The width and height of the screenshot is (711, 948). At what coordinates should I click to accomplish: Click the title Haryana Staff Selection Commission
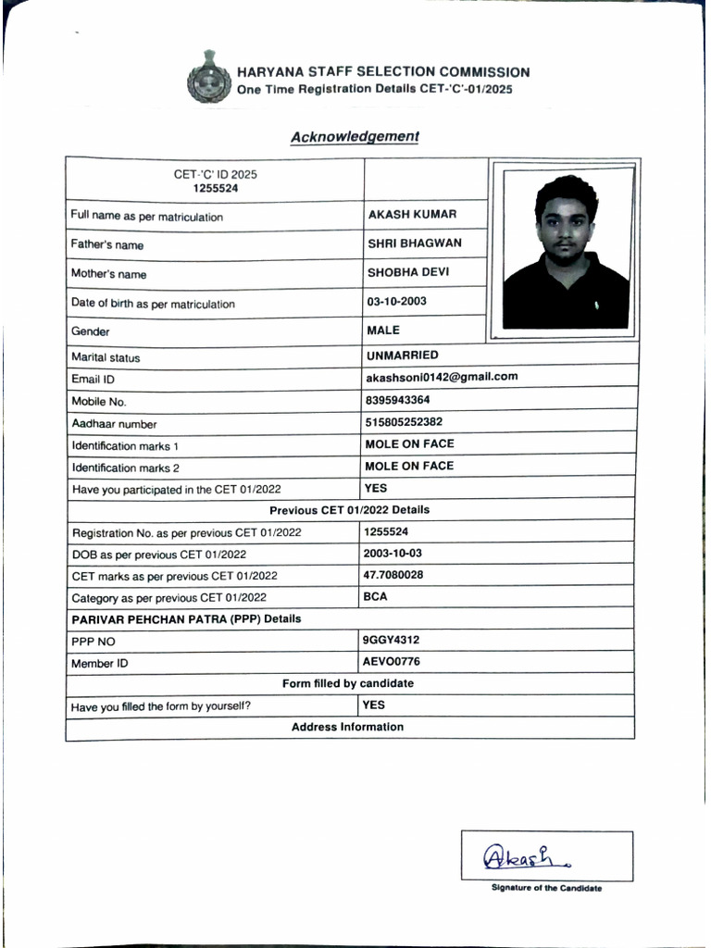(383, 72)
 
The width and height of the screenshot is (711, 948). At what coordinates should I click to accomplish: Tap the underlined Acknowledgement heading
(355, 137)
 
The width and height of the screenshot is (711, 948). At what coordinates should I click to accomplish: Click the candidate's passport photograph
(565, 251)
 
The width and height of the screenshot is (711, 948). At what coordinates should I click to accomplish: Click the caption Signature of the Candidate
(546, 889)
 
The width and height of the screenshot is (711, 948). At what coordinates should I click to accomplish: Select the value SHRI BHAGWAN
(414, 243)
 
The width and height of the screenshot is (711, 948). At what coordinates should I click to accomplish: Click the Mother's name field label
(109, 275)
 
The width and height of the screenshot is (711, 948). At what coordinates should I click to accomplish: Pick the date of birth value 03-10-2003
(397, 302)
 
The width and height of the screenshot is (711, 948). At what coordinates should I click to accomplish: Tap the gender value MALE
(383, 330)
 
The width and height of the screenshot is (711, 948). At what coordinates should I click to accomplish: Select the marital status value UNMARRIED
(403, 355)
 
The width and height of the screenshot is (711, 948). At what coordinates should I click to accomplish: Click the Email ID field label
(94, 380)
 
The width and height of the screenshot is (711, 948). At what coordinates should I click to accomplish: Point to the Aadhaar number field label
(115, 424)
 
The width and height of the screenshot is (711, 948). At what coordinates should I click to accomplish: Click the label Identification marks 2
(126, 468)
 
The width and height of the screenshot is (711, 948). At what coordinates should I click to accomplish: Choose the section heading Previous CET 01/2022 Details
(349, 510)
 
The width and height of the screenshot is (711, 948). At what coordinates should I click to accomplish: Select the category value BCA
(375, 597)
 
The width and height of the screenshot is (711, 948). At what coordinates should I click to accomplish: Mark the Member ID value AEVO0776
(392, 662)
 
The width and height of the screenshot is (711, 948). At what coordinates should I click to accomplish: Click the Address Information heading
(347, 728)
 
